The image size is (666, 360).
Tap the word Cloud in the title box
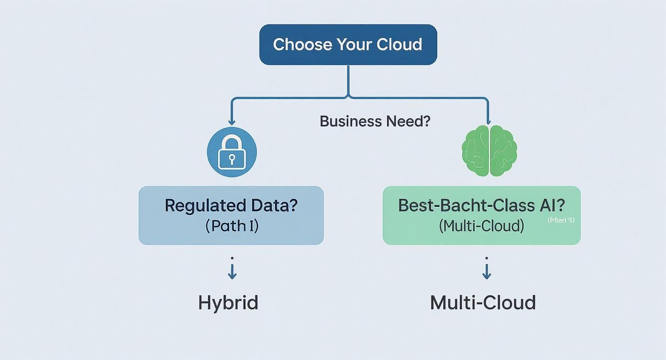(x=400, y=45)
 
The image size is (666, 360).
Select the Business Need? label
(x=375, y=121)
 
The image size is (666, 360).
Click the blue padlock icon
(x=232, y=152)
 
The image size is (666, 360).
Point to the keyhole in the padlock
(x=232, y=158)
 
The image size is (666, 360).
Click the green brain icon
(x=489, y=151)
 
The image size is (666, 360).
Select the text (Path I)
(x=232, y=225)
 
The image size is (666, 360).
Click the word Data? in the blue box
(x=273, y=205)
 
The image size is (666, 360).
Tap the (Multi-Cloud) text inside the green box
(x=481, y=225)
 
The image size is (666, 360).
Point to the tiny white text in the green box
(x=561, y=220)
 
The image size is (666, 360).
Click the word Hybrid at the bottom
(x=228, y=303)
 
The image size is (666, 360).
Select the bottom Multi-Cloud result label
(x=482, y=303)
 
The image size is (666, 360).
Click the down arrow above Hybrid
(x=232, y=272)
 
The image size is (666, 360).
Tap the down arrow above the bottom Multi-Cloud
(x=487, y=272)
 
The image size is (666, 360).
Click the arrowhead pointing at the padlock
(x=232, y=123)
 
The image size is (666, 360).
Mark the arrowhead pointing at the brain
(x=488, y=123)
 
